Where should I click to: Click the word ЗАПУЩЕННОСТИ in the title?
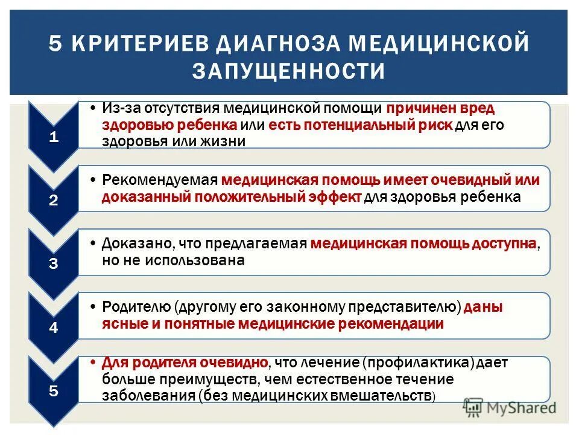pyautogui.click(x=289, y=71)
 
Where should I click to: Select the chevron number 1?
pyautogui.click(x=54, y=137)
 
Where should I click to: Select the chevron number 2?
pyautogui.click(x=54, y=201)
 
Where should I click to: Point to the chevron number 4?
pyautogui.click(x=54, y=328)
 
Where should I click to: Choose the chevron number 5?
pyautogui.click(x=54, y=391)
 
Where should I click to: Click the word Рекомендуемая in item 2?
pyautogui.click(x=160, y=180)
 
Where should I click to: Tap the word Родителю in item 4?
pyautogui.click(x=137, y=307)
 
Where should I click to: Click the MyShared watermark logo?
pyautogui.click(x=510, y=407)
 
